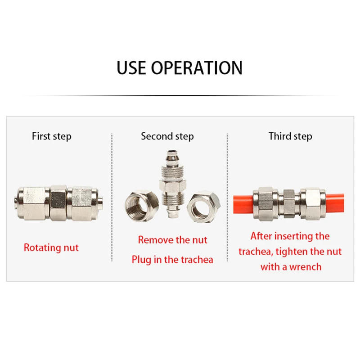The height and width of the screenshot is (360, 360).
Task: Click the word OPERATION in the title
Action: click(197, 68)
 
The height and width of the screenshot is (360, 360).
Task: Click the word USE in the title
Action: click(131, 68)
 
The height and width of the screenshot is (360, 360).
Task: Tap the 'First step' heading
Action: click(51, 136)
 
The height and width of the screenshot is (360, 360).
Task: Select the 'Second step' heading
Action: click(167, 136)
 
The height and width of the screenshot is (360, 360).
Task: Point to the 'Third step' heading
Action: click(290, 136)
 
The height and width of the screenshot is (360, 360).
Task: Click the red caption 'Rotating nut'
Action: click(51, 248)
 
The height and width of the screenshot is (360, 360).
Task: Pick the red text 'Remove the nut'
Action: click(172, 240)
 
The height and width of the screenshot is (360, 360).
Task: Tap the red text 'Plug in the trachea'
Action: click(172, 260)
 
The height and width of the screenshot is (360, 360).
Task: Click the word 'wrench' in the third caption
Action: click(306, 267)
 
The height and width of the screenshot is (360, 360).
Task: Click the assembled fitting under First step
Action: click(58, 203)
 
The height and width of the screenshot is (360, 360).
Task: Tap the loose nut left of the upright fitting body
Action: click(142, 206)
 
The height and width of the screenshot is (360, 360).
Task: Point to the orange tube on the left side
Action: click(243, 204)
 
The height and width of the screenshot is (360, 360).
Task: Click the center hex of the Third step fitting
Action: click(289, 203)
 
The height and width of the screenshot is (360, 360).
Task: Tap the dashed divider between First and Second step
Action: click(112, 197)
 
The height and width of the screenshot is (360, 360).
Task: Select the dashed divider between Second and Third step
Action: click(227, 197)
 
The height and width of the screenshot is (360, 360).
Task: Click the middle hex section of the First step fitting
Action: click(58, 203)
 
